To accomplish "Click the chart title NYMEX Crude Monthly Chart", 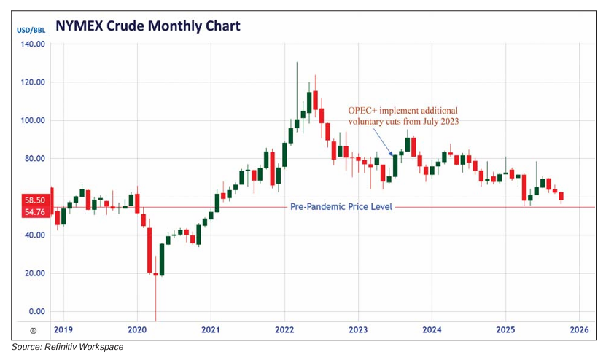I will (147, 27).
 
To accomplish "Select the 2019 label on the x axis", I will (64, 329).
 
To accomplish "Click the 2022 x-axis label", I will (284, 329).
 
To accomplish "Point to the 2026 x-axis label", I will (579, 329).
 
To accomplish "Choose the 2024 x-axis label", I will (432, 329).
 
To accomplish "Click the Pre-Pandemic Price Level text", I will (341, 207).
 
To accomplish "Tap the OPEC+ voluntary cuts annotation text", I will (403, 115).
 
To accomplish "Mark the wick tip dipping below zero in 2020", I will (155, 320).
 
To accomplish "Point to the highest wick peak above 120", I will (297, 63).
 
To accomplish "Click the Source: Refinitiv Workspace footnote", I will (67, 347).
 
